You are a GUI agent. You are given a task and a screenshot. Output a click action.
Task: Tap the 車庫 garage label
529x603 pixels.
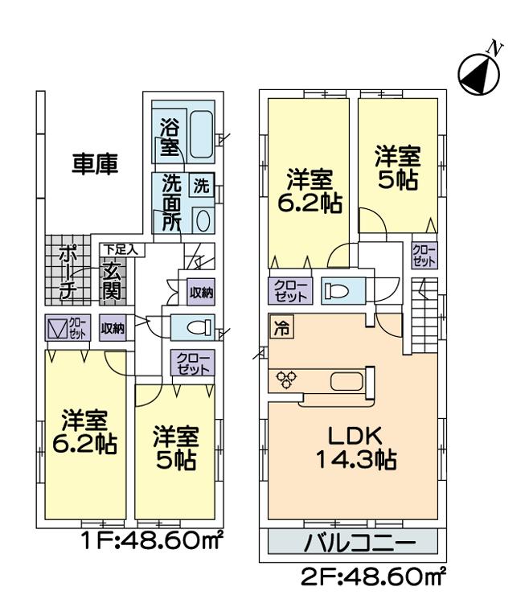click(x=96, y=165)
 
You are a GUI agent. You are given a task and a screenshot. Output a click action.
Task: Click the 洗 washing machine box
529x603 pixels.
click(x=200, y=185)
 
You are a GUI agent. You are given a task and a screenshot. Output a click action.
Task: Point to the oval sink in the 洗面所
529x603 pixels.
click(x=203, y=220)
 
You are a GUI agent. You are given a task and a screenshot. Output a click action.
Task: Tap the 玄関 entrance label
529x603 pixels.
click(x=113, y=281)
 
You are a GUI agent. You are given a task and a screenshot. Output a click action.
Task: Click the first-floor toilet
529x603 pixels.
click(x=197, y=327)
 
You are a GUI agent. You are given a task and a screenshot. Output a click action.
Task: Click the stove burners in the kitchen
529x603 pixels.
click(x=286, y=380)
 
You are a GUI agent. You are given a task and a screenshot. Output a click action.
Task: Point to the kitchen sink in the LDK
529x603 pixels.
click(x=347, y=381)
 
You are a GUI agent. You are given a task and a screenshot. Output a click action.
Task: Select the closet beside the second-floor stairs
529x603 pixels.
click(x=424, y=256)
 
